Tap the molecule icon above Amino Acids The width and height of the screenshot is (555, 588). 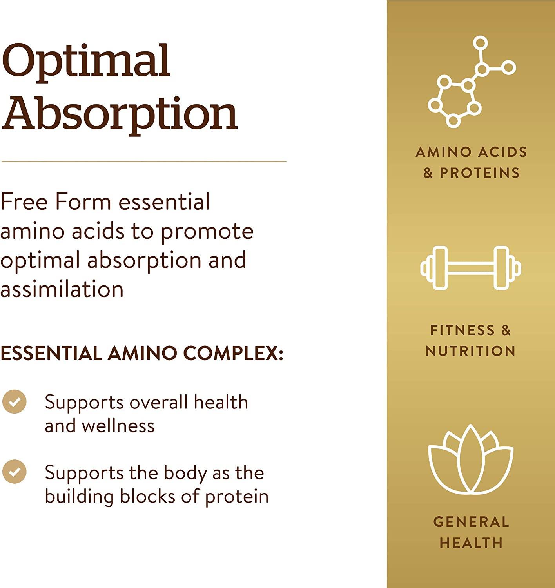[x=471, y=82]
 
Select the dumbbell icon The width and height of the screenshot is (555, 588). [x=470, y=268]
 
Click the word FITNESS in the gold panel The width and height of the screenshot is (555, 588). [x=462, y=330]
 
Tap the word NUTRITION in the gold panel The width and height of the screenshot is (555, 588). [x=470, y=351]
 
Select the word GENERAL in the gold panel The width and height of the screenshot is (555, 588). [x=471, y=522]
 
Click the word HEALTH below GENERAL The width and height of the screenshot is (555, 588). [x=471, y=543]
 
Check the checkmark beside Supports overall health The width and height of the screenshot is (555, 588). [x=15, y=402]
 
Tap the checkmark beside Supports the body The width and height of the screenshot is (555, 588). [x=15, y=472]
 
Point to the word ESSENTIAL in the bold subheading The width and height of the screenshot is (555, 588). [x=51, y=353]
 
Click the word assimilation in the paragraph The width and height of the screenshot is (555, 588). [x=62, y=290]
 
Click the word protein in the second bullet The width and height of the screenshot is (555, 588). [x=237, y=496]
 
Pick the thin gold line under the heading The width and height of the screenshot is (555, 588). [x=144, y=161]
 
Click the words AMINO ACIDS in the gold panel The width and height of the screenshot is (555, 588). [x=471, y=152]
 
